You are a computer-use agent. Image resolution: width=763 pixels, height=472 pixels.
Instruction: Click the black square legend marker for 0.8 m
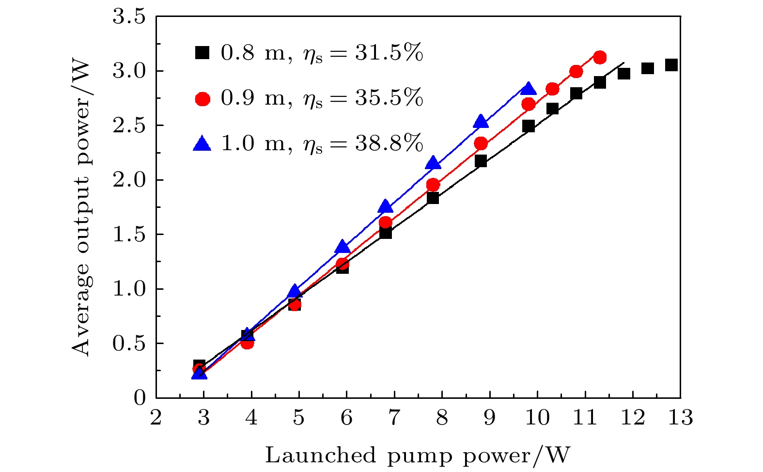pyautogui.click(x=202, y=52)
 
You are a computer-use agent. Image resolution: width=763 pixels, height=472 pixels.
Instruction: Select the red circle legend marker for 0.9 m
pyautogui.click(x=202, y=99)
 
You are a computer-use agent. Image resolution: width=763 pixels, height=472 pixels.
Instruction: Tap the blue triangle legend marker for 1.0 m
pyautogui.click(x=202, y=143)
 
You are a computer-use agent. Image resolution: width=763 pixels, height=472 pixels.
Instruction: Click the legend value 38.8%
pyautogui.click(x=389, y=143)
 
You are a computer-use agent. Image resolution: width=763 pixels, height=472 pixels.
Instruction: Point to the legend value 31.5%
pyautogui.click(x=389, y=52)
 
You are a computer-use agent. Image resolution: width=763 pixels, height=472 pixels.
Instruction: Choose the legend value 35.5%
pyautogui.click(x=389, y=98)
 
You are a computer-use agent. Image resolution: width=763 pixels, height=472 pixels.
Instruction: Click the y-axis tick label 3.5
pyautogui.click(x=129, y=17)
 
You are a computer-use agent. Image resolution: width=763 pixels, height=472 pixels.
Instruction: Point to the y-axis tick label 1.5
pyautogui.click(x=129, y=235)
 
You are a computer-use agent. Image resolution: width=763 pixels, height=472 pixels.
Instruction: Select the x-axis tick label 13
pyautogui.click(x=680, y=417)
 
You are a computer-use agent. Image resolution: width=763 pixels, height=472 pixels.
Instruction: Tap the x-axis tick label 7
pyautogui.click(x=394, y=417)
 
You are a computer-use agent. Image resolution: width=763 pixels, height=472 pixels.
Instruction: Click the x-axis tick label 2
pyautogui.click(x=156, y=417)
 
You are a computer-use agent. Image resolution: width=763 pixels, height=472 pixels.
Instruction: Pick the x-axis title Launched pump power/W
pyautogui.click(x=418, y=455)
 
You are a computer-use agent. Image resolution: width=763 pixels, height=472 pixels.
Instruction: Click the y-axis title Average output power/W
pyautogui.click(x=81, y=207)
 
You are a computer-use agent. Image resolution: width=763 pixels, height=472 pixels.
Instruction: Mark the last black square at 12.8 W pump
pyautogui.click(x=671, y=65)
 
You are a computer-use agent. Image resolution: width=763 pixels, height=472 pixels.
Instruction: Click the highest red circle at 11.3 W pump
pyautogui.click(x=600, y=57)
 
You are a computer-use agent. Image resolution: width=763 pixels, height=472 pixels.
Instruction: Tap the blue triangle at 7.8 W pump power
pyautogui.click(x=433, y=163)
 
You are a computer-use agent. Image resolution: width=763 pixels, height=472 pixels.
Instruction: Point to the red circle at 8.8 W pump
pyautogui.click(x=481, y=143)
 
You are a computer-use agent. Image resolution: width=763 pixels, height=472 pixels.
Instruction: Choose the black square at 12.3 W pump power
pyautogui.click(x=647, y=68)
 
